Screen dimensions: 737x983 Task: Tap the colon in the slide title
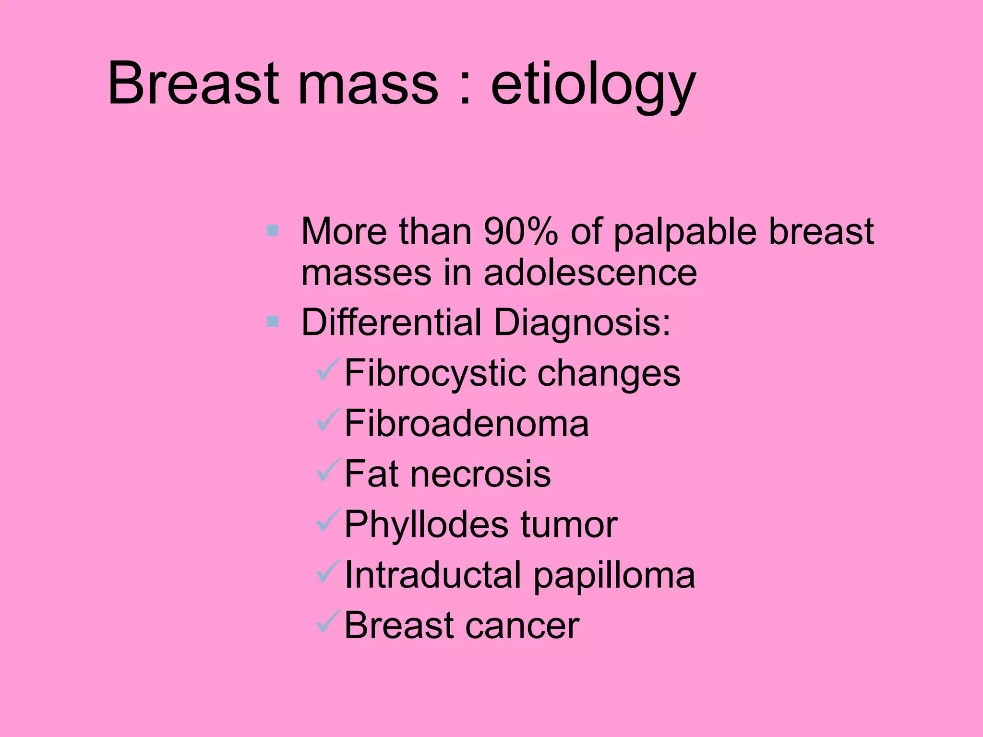(464, 85)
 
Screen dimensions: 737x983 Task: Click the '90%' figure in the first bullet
(521, 231)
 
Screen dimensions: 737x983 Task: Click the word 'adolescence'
(590, 273)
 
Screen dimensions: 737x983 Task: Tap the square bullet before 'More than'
(273, 231)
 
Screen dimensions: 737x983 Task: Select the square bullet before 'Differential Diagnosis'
(273, 321)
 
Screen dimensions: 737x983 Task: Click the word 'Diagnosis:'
(582, 322)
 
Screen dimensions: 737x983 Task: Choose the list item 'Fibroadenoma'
(466, 423)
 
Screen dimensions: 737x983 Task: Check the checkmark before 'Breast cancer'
(328, 622)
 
